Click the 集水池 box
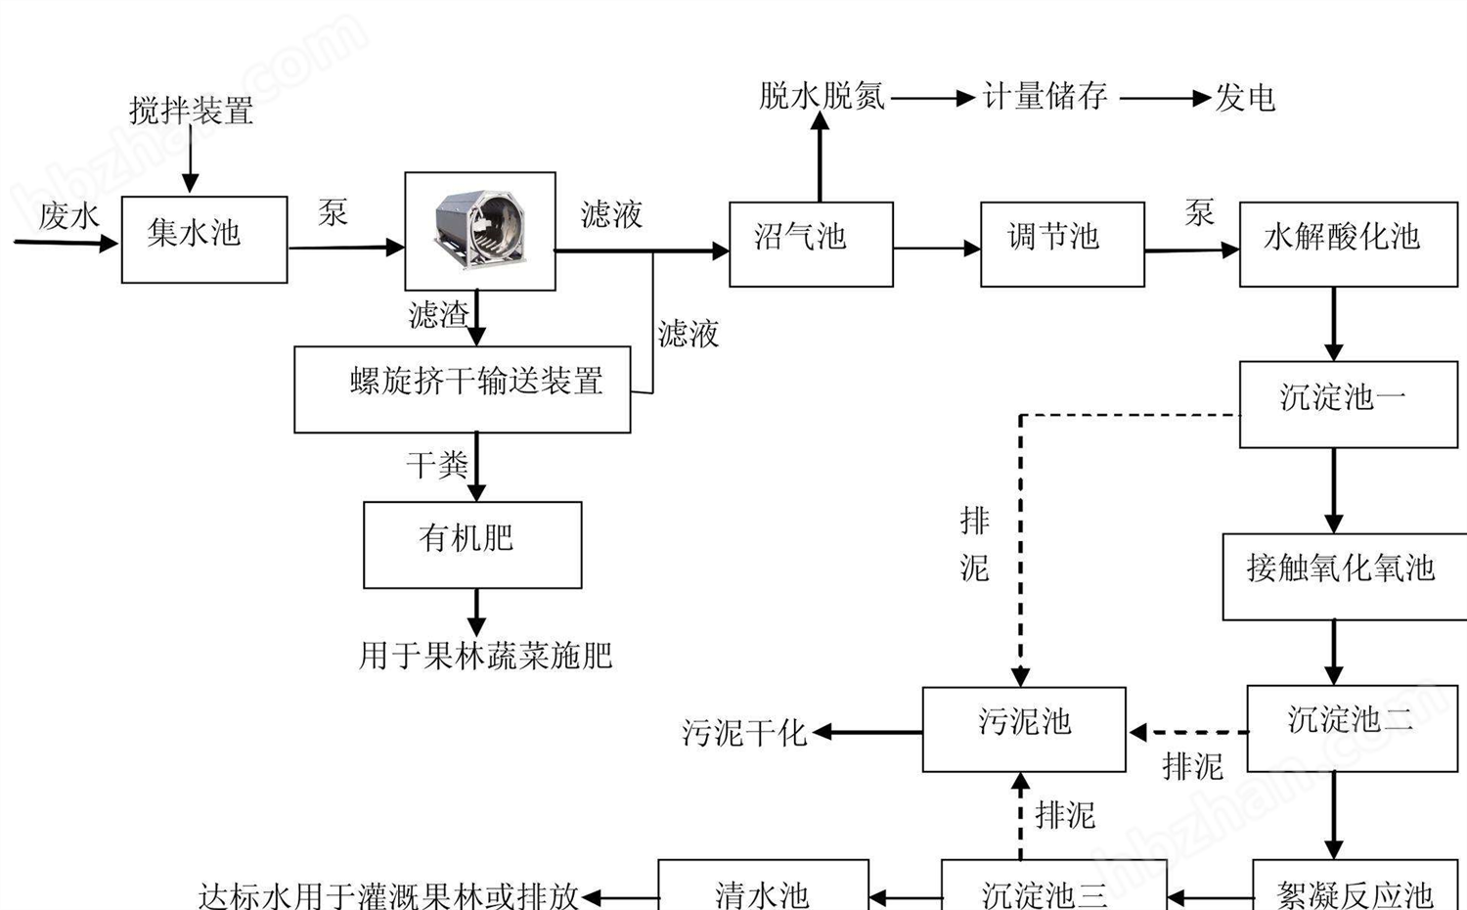[x=203, y=239]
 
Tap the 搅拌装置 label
[x=191, y=111]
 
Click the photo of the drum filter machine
[x=479, y=230]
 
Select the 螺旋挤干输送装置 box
[x=462, y=388]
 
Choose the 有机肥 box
[x=472, y=544]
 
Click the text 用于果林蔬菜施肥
[x=485, y=655]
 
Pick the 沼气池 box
[x=811, y=244]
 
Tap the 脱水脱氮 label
[x=822, y=96]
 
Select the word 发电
[x=1245, y=98]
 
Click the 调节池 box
[x=1062, y=244]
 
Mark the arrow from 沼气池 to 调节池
[x=936, y=249]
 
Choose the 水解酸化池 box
[x=1348, y=244]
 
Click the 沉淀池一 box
[x=1348, y=403]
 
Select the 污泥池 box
[x=1024, y=728]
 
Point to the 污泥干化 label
[x=743, y=732]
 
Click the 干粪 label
[x=437, y=465]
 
